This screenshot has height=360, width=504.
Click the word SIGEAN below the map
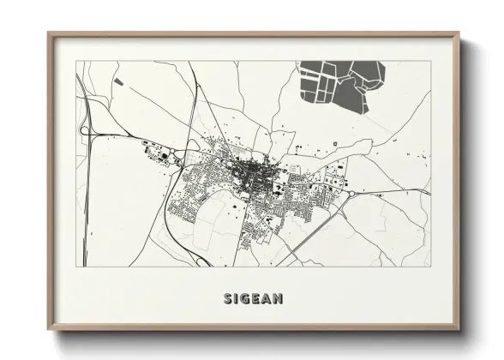coord(253,299)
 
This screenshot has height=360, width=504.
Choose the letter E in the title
coord(257,299)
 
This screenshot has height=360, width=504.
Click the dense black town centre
coord(254,168)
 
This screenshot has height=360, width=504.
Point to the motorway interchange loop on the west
coord(86,129)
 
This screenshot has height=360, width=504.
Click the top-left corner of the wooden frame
coord(49,34)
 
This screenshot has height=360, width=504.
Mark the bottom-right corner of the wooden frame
coord(459,328)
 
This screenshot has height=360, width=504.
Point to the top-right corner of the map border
coord(430,61)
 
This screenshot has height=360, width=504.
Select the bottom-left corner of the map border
coord(76,267)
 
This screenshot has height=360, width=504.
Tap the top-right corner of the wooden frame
coord(459,34)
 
